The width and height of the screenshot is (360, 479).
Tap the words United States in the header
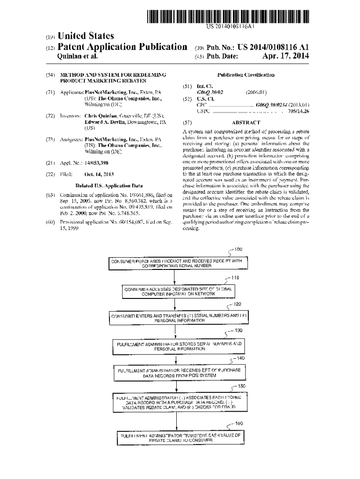(85, 36)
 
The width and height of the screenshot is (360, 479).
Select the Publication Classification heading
(246, 75)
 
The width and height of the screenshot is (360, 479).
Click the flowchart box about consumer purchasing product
(175, 263)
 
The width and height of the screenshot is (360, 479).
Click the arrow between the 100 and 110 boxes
(174, 277)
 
